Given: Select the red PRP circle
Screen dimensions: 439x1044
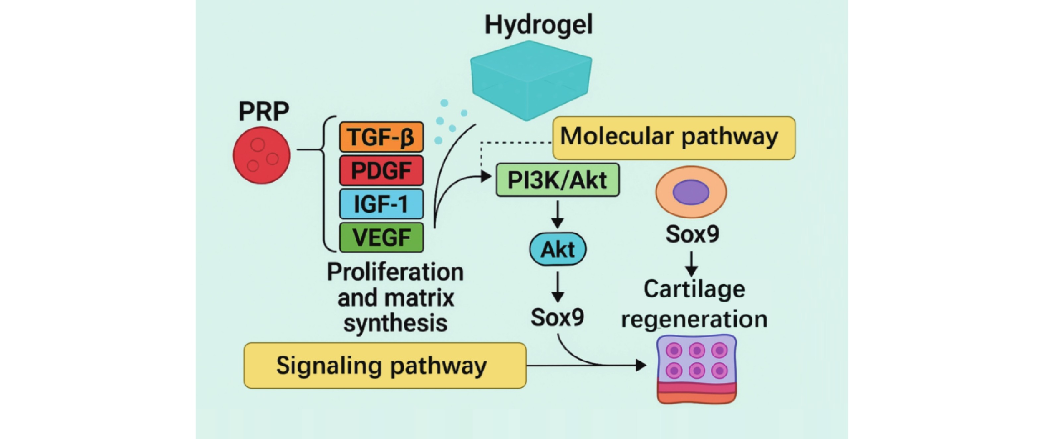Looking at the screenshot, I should (x=261, y=155).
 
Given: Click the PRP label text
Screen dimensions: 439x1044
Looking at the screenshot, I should (x=264, y=111).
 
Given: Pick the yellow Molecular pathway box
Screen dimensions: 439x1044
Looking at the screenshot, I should (x=673, y=138).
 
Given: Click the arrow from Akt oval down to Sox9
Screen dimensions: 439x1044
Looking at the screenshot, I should (x=558, y=286).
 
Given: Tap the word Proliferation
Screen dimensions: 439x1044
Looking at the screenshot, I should (x=395, y=272).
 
